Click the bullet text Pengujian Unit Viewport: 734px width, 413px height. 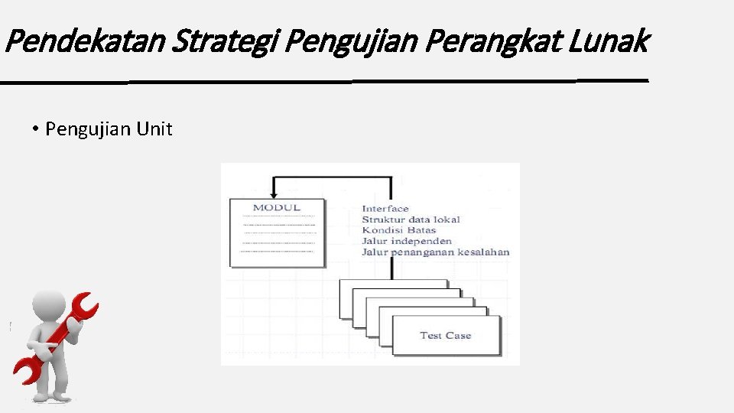(x=109, y=129)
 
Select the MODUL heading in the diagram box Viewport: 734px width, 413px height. (x=277, y=207)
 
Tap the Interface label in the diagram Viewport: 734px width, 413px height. (x=385, y=209)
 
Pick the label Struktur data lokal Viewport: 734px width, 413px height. (x=411, y=220)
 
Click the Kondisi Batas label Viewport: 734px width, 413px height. (x=398, y=230)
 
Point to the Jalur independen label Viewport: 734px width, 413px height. (x=406, y=241)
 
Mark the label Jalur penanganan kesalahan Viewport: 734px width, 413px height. (x=435, y=252)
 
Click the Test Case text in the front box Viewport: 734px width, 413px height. (x=445, y=335)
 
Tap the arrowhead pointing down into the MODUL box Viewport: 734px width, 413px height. (x=274, y=193)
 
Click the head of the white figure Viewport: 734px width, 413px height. (x=49, y=306)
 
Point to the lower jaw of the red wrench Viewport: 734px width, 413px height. (x=25, y=371)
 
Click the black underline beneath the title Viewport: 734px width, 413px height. (x=325, y=80)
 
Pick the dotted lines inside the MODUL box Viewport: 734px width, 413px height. (x=278, y=233)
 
